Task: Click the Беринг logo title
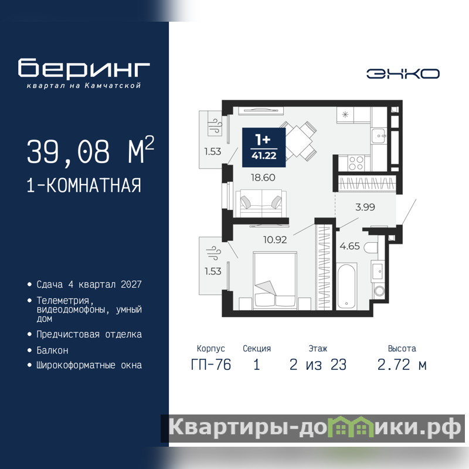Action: [x=84, y=69]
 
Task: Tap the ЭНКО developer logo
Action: [x=403, y=74]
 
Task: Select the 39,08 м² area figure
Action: [x=90, y=151]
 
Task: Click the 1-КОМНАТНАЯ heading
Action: [x=84, y=185]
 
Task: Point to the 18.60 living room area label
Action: [x=263, y=178]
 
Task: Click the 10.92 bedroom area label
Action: [x=275, y=240]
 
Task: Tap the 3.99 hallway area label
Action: [x=365, y=207]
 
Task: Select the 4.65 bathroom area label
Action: [x=349, y=246]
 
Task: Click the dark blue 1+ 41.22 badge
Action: [x=264, y=148]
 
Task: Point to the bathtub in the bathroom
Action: [x=346, y=286]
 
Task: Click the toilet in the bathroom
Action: [x=372, y=247]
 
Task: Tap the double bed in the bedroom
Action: [x=275, y=280]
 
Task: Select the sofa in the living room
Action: [x=261, y=203]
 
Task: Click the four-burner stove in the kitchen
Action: [x=356, y=163]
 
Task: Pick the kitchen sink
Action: [x=379, y=135]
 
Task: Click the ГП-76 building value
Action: [x=211, y=365]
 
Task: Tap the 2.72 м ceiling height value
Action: [x=402, y=365]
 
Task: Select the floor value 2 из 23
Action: [x=318, y=365]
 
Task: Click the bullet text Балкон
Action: [x=52, y=350]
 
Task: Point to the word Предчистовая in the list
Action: [x=68, y=334]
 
